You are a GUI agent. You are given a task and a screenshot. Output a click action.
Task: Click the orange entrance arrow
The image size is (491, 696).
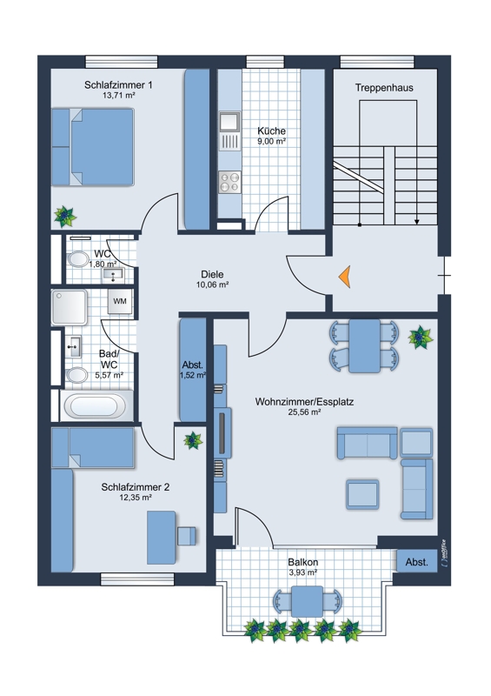click(x=346, y=277)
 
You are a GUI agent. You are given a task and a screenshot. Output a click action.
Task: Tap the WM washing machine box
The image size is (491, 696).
click(x=120, y=301)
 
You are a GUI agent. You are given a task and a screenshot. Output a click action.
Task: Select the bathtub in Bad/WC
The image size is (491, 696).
click(x=96, y=405)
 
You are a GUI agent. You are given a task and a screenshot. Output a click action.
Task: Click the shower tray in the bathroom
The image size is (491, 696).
click(x=70, y=307)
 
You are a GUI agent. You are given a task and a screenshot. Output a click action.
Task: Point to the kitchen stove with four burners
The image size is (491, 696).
click(x=229, y=182)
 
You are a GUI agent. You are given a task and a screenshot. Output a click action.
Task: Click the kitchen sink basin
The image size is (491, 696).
click(x=229, y=121)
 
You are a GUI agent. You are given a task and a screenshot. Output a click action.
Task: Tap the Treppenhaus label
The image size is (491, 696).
click(x=384, y=88)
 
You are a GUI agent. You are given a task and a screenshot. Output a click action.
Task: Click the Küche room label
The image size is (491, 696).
click(x=271, y=131)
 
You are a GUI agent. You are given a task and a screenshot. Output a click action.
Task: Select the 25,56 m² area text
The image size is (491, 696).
click(x=304, y=412)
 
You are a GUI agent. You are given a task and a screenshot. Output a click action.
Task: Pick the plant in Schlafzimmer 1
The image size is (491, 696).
click(x=65, y=216)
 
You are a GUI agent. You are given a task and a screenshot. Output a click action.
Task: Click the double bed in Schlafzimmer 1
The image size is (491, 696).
click(x=93, y=146)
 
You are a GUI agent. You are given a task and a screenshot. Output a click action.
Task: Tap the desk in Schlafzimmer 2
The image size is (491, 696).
click(x=162, y=537)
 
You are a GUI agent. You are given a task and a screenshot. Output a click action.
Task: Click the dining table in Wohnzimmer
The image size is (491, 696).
click(x=364, y=345)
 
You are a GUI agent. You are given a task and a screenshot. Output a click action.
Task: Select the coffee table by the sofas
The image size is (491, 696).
click(x=362, y=494)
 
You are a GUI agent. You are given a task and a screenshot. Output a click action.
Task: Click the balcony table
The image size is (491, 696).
click(x=307, y=601)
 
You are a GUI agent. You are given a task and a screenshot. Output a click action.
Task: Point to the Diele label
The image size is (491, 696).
click(x=212, y=274)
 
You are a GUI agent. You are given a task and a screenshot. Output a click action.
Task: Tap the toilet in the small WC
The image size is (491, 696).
click(x=77, y=258)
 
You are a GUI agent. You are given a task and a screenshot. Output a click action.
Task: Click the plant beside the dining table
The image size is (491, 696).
click(x=420, y=338)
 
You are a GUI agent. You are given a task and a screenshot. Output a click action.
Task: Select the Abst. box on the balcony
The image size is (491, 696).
click(x=417, y=561)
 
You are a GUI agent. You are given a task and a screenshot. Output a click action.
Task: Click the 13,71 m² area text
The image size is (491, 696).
click(x=118, y=95)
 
